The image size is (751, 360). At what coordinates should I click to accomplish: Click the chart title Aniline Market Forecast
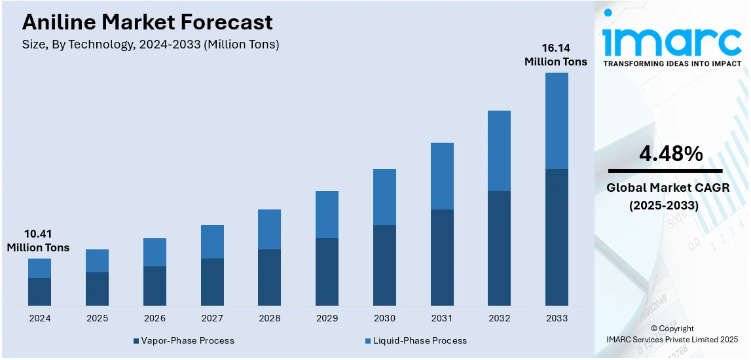coord(147,22)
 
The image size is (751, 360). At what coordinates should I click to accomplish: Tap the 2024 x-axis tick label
coord(39,318)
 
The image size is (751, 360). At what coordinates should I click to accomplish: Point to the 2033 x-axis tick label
coord(557,318)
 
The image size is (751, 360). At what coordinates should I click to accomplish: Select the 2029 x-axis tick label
coord(327,318)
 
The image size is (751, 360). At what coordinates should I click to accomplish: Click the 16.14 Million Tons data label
coord(556,55)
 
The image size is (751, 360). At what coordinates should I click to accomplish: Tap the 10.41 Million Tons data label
coord(38,241)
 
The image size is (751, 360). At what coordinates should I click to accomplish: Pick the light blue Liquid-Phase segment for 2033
coord(557,120)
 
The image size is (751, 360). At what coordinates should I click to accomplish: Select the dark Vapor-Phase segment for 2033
coord(557,237)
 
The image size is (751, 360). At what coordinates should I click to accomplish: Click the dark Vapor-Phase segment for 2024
coord(39,292)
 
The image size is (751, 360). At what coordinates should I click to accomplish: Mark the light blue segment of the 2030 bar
coord(384,197)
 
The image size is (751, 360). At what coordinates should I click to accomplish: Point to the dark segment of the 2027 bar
coord(212,282)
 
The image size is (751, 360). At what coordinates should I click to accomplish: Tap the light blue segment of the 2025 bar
coord(97,261)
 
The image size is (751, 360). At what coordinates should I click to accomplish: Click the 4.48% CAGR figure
coord(670,154)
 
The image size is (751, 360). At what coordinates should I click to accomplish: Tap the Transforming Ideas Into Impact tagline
coord(672,63)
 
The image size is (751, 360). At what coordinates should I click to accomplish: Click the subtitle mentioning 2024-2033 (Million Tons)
coord(151,45)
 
